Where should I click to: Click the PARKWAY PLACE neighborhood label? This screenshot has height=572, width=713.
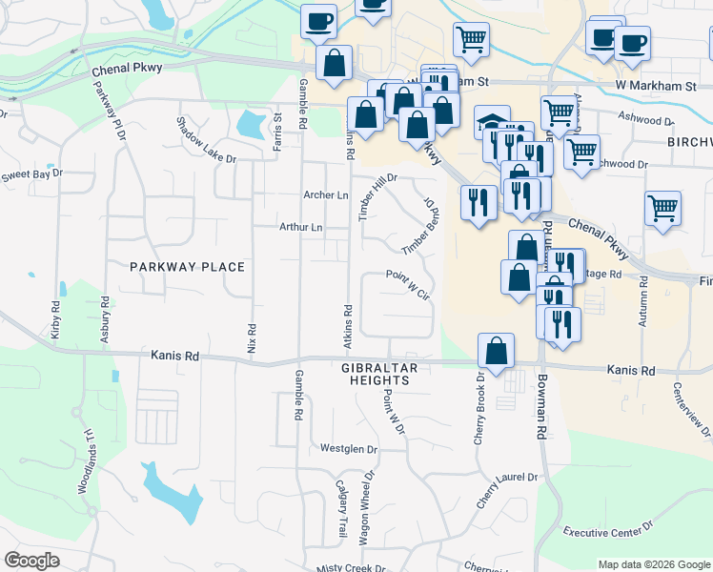188,268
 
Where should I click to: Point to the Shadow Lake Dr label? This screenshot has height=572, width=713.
206,141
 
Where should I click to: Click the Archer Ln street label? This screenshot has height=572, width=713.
325,195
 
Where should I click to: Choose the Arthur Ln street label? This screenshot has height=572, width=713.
300,228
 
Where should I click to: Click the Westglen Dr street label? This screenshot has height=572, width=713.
349,448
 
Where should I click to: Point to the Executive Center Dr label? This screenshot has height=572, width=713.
607,526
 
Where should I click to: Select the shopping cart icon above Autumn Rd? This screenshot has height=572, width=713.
662,207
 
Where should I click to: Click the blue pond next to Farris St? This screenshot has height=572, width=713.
250,123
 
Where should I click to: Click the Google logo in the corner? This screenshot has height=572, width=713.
31,561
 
